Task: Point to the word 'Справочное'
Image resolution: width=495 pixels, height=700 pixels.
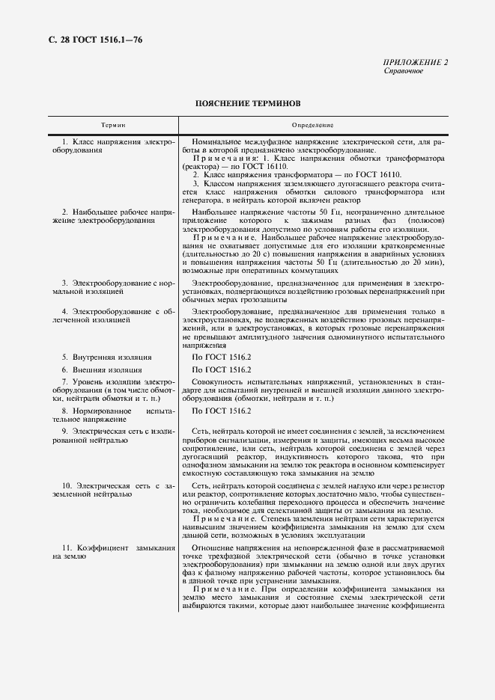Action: point(404,71)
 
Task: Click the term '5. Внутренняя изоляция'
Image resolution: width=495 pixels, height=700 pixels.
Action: point(106,357)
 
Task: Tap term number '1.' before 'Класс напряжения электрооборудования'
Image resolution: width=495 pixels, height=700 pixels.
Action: point(65,141)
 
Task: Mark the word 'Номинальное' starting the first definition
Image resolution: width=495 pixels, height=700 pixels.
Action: point(216,141)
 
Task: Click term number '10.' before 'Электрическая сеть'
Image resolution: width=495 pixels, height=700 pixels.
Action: point(67,486)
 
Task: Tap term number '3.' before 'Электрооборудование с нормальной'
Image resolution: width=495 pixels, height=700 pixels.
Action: point(65,283)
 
